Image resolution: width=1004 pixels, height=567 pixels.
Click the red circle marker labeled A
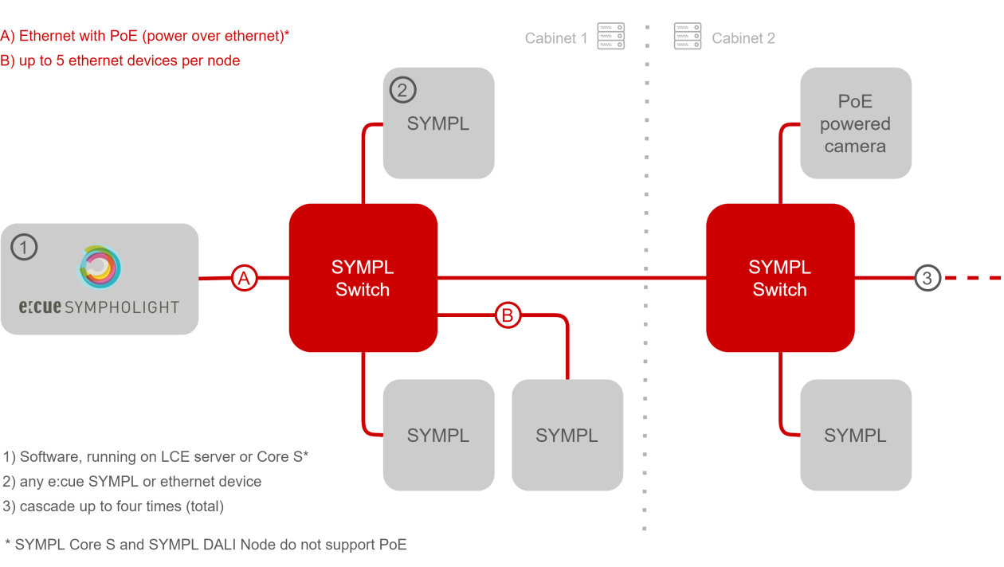point(245,278)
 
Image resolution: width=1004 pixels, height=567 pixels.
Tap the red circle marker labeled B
point(508,315)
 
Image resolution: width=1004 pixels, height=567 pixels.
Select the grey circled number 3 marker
point(927,278)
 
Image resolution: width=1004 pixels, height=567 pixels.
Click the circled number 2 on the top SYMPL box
point(402,90)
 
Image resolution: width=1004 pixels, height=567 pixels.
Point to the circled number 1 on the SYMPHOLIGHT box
point(24,247)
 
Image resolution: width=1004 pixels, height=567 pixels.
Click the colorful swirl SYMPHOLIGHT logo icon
point(100,267)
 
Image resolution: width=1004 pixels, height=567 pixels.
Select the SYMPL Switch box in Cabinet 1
point(363,278)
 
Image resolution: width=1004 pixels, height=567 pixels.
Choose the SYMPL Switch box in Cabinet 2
point(780,278)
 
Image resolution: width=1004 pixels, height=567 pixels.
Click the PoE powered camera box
point(855,123)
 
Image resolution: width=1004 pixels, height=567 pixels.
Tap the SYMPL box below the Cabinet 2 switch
point(855,435)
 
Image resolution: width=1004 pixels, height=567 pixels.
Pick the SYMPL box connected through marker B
point(567,435)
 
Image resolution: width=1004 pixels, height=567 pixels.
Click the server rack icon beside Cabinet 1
point(611,37)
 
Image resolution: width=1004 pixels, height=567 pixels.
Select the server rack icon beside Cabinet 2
point(688,37)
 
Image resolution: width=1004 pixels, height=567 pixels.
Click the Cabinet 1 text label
point(555,38)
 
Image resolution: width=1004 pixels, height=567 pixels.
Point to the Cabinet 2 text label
point(743,38)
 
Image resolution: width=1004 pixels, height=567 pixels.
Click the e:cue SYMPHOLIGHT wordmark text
point(99,307)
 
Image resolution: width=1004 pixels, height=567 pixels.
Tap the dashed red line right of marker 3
point(974,278)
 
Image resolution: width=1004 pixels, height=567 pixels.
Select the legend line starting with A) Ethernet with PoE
point(144,36)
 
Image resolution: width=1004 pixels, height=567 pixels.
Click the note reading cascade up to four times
point(114,506)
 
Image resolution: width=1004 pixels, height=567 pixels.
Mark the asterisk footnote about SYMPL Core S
point(206,545)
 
